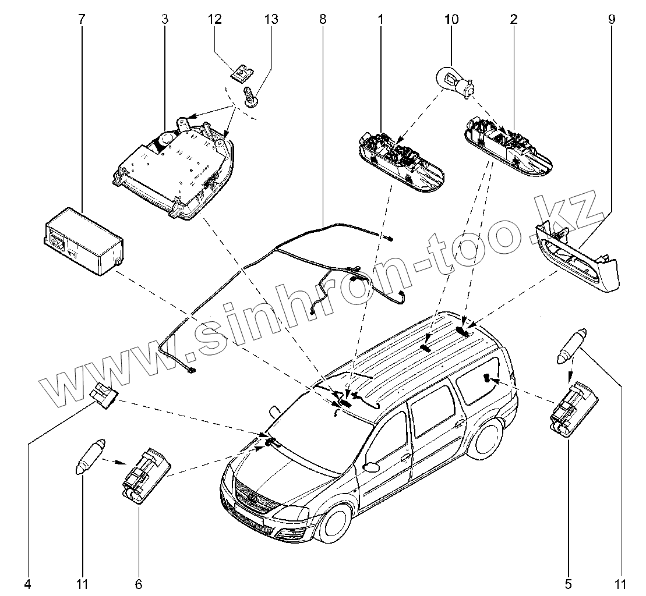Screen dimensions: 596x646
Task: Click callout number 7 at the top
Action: tap(81, 19)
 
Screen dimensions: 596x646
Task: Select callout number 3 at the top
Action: tap(165, 19)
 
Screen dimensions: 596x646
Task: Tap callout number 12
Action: tap(216, 19)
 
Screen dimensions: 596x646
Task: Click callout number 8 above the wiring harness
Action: tap(322, 19)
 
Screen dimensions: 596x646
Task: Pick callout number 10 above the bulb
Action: tap(451, 19)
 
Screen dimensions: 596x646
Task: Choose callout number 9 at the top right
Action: tap(611, 19)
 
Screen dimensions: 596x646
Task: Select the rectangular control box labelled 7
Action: tap(84, 239)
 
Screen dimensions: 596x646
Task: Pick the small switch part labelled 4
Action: tap(106, 397)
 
